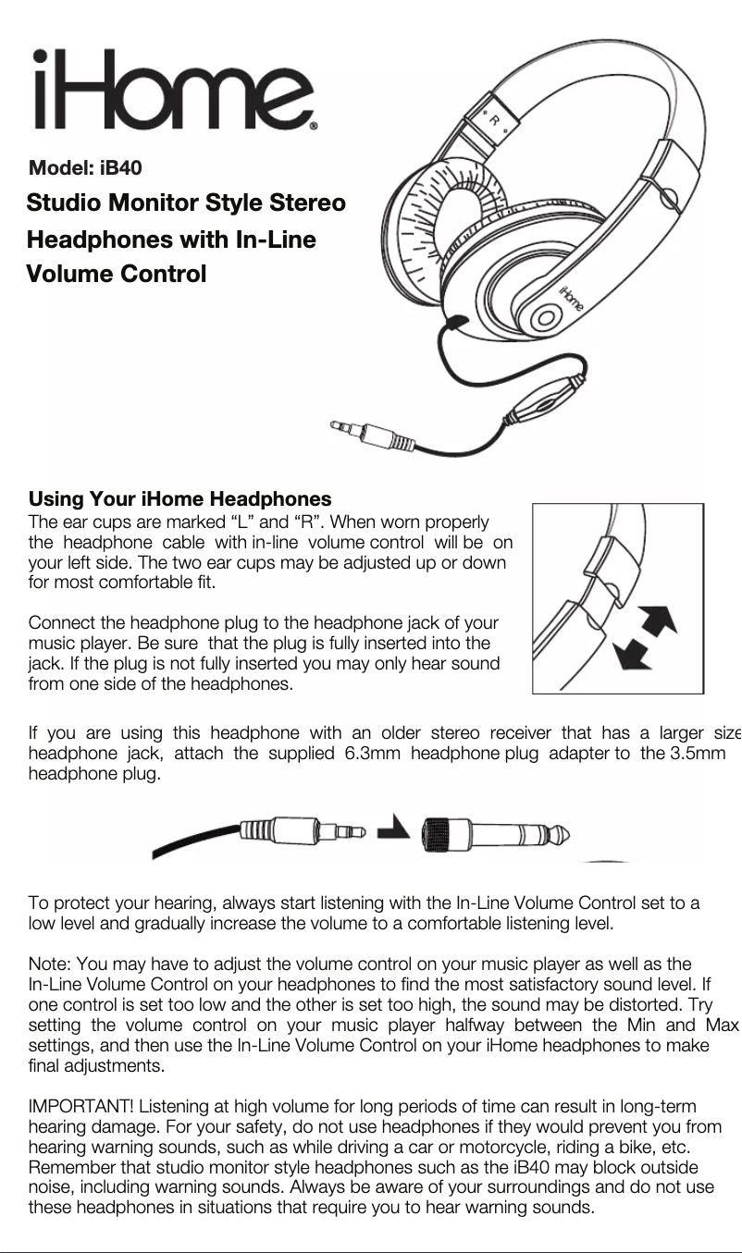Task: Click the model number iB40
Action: (x=120, y=168)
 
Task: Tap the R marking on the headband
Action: (x=495, y=120)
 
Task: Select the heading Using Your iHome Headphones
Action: (x=179, y=500)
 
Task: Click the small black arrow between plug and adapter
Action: (x=396, y=825)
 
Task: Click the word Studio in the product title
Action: (x=62, y=203)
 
